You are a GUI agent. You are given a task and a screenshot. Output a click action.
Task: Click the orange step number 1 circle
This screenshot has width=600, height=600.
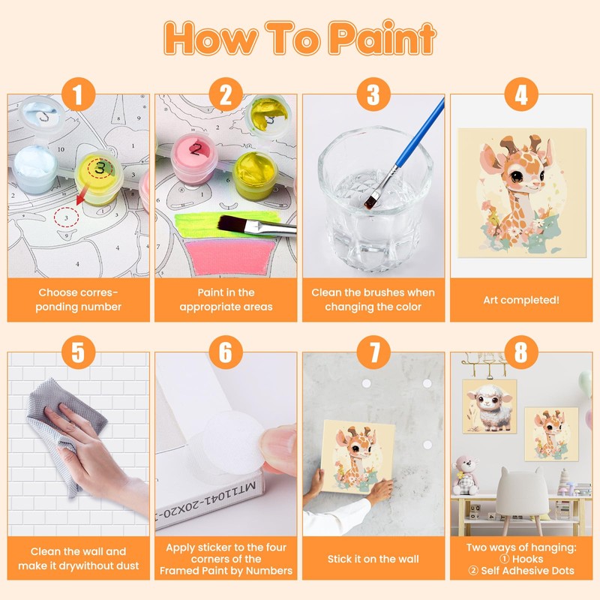tap(79, 94)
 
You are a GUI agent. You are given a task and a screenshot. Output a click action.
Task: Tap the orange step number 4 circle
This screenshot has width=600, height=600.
tap(521, 94)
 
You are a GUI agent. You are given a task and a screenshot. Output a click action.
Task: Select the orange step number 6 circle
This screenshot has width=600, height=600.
tap(226, 352)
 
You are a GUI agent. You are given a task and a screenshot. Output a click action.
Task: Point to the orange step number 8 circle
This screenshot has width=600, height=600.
tap(521, 352)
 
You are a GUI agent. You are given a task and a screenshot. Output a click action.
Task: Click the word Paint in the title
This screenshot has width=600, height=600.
tap(382, 38)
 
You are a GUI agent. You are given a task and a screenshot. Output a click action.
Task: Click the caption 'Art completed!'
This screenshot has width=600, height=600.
tap(521, 300)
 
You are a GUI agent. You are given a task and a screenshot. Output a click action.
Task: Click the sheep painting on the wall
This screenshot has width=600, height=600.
tap(490, 406)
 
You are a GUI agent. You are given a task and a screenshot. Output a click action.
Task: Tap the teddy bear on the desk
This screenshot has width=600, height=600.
tap(465, 475)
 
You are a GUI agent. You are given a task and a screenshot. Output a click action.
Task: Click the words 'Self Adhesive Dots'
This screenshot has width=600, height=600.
tap(527, 571)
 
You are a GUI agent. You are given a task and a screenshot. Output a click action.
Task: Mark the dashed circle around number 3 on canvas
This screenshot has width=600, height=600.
tap(66, 217)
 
